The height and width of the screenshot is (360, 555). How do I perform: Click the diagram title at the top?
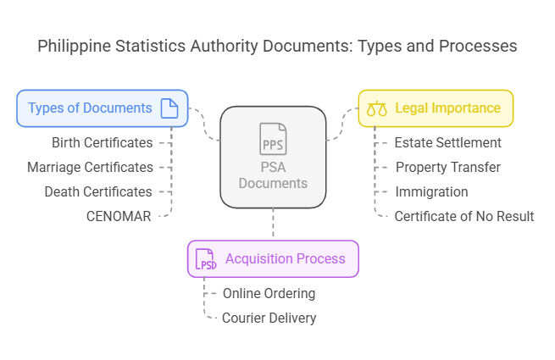pyautogui.click(x=277, y=46)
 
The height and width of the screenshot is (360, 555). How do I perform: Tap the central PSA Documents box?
pyautogui.click(x=273, y=157)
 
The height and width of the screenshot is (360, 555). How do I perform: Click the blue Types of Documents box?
pyautogui.click(x=103, y=108)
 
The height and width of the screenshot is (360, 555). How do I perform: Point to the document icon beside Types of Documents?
pyautogui.click(x=169, y=108)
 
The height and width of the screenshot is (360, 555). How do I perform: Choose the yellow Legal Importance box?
pyautogui.click(x=436, y=108)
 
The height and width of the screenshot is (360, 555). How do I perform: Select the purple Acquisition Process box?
pyautogui.click(x=273, y=258)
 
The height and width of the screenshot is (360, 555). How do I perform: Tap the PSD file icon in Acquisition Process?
pyautogui.click(x=206, y=259)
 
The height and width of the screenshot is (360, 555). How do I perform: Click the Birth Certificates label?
pyautogui.click(x=102, y=142)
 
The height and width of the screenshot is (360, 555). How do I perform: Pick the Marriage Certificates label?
pyautogui.click(x=90, y=167)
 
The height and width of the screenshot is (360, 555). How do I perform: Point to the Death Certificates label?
pyautogui.click(x=98, y=191)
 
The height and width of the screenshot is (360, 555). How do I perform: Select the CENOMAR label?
pyautogui.click(x=119, y=216)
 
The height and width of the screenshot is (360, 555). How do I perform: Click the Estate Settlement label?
pyautogui.click(x=448, y=142)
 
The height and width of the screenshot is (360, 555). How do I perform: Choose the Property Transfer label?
pyautogui.click(x=448, y=167)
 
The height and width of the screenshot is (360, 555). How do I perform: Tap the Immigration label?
pyautogui.click(x=431, y=191)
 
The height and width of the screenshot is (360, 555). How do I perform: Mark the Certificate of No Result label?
pyautogui.click(x=464, y=216)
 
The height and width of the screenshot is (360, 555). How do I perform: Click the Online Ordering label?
pyautogui.click(x=269, y=293)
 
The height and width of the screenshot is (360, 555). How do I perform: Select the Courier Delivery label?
pyautogui.click(x=269, y=318)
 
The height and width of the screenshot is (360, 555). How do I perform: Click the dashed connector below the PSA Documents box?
pyautogui.click(x=273, y=224)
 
